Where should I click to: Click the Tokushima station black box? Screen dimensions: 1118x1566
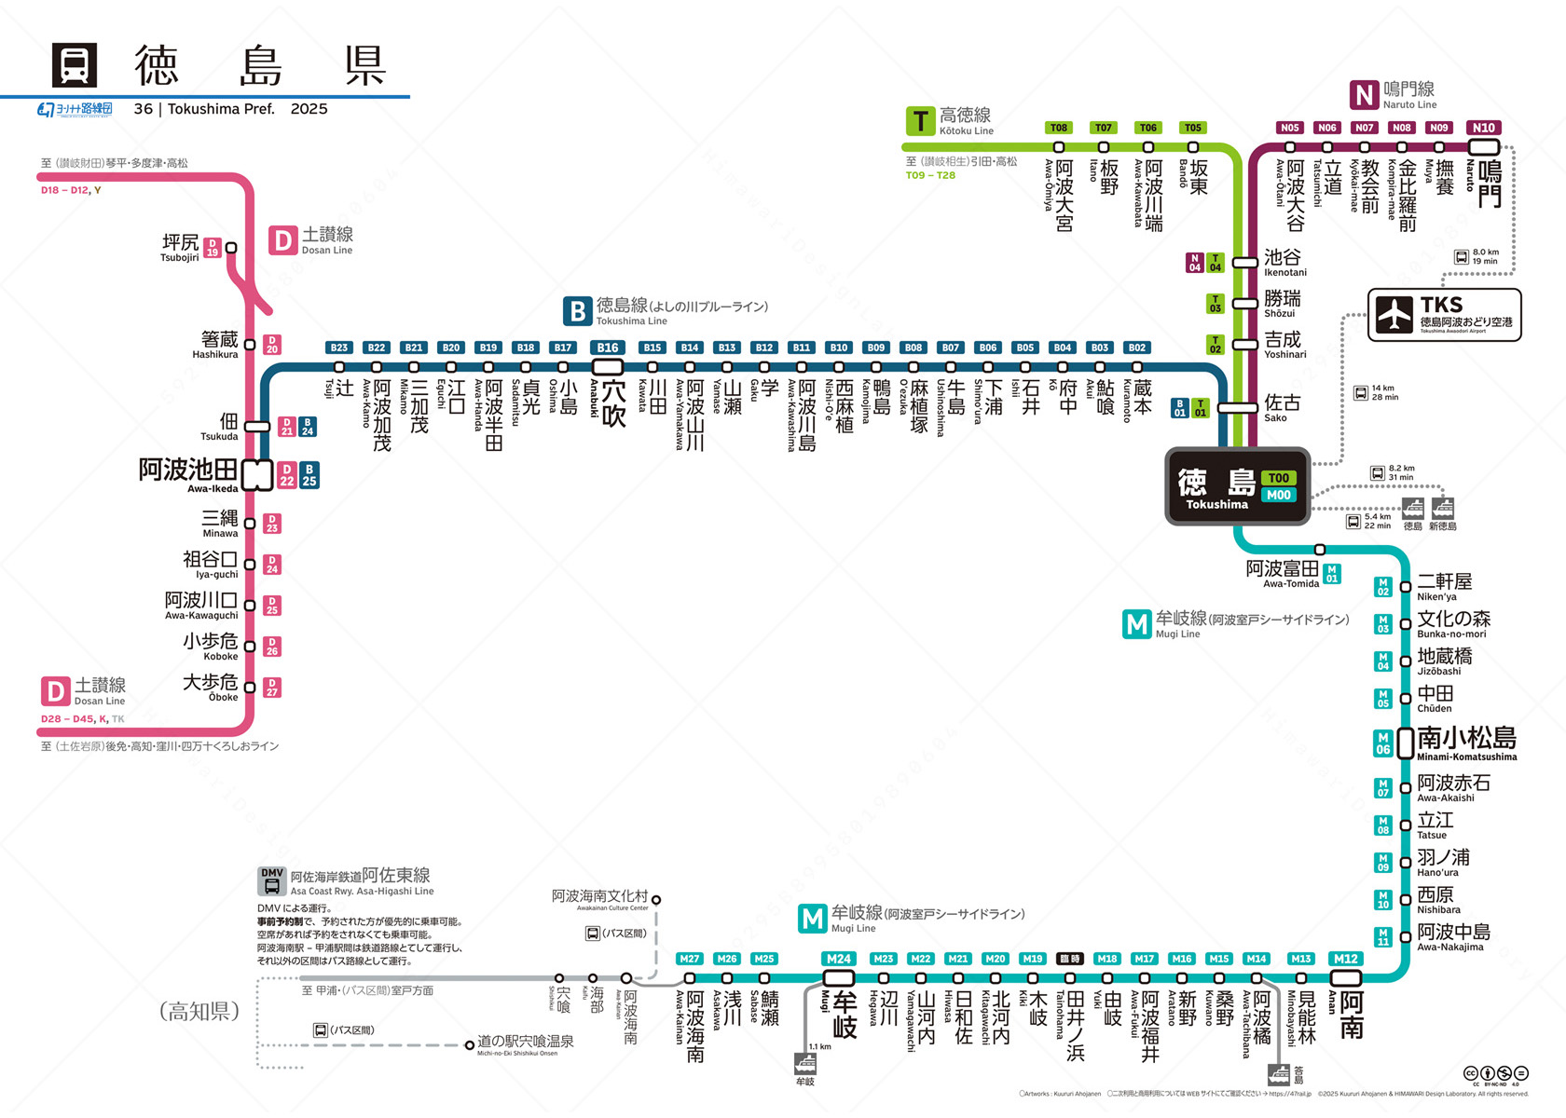click(x=1237, y=485)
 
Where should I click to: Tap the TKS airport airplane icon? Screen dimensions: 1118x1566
click(x=1394, y=314)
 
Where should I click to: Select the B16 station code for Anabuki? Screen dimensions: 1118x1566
click(x=608, y=348)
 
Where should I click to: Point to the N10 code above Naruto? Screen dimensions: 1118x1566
click(x=1483, y=128)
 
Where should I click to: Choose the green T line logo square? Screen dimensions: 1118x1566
click(x=920, y=121)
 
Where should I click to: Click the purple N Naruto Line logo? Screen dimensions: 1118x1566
click(x=1365, y=95)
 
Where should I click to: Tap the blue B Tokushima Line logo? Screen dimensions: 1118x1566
click(x=578, y=311)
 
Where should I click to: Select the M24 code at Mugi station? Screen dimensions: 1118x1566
click(x=838, y=959)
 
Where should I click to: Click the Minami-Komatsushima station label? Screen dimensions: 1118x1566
click(x=1466, y=742)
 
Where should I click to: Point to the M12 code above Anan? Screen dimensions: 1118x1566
click(x=1345, y=959)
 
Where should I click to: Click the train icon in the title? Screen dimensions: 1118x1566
click(x=75, y=65)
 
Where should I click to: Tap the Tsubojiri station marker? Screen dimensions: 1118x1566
click(x=231, y=248)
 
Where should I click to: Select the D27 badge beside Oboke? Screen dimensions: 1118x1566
click(x=272, y=688)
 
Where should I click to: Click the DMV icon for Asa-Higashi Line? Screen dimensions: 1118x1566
click(x=272, y=880)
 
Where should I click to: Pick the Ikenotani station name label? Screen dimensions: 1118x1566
click(x=1284, y=262)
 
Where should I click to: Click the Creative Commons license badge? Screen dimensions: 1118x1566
click(x=1495, y=1074)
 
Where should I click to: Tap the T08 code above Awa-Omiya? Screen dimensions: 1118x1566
click(x=1058, y=128)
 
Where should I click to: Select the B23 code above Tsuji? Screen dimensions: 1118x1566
click(x=339, y=348)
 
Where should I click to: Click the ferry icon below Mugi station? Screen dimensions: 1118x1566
click(x=805, y=1064)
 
